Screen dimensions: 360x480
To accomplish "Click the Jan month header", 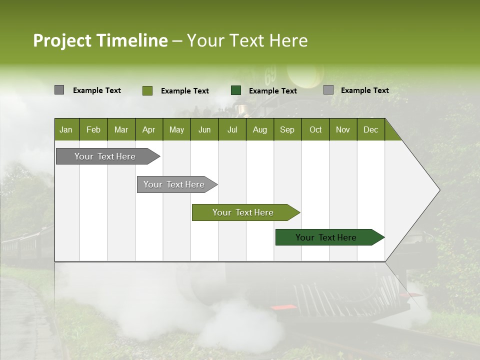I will (x=66, y=129).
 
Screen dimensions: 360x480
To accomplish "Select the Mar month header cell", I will (x=121, y=129).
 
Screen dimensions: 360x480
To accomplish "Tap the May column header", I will (x=176, y=129).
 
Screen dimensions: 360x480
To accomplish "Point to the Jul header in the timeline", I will (x=232, y=129).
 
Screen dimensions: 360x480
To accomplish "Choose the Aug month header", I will (x=259, y=129).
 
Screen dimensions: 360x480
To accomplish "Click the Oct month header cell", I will (x=315, y=129).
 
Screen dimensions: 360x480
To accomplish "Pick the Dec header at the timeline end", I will (x=370, y=129).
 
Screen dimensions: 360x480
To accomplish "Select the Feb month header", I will (x=93, y=129).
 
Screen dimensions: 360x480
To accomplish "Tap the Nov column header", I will (x=342, y=129).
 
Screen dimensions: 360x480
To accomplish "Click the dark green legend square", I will (x=236, y=90).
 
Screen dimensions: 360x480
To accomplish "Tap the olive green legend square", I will (x=147, y=90).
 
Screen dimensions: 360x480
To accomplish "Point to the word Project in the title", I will (x=62, y=40).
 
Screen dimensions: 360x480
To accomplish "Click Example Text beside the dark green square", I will (x=272, y=91).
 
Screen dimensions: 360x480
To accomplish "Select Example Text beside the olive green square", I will (x=184, y=91).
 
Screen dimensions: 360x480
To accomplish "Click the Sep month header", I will (x=287, y=129).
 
